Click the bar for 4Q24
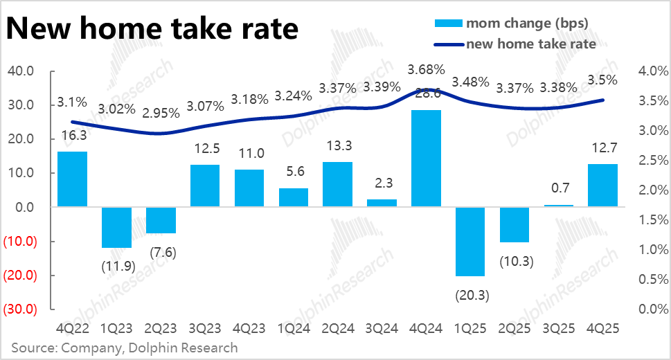point(426,159)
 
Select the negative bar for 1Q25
point(470,242)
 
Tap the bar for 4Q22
point(72,179)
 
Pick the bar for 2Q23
point(161,220)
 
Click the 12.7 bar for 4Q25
point(602,186)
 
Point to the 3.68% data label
point(427,70)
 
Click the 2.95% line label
point(161,114)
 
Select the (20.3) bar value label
point(472,296)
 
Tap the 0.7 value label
point(560,188)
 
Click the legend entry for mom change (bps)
point(511,23)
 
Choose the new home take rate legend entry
point(515,44)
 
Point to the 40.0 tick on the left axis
point(21,71)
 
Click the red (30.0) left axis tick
point(20,309)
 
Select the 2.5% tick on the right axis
point(653,161)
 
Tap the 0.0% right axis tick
point(653,309)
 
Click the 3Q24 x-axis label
point(382,328)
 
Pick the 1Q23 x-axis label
point(116,328)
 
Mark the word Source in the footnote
point(33,348)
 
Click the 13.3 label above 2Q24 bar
point(339,146)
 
